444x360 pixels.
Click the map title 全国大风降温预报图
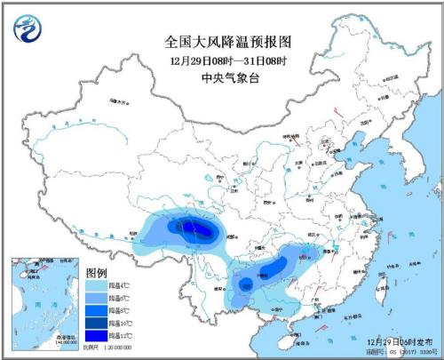coord(228,41)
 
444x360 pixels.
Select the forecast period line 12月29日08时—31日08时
coord(228,60)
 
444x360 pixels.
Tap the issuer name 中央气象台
coord(228,77)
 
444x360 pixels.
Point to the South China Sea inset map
coord(44,299)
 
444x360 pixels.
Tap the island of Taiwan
coord(383,286)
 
